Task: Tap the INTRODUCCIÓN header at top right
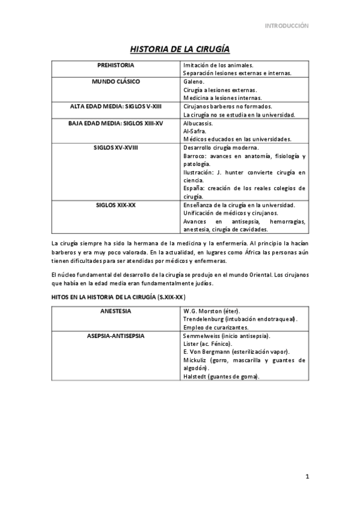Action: point(287,26)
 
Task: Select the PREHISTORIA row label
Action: point(115,64)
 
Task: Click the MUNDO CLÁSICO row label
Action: point(115,81)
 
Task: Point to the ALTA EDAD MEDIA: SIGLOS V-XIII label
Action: point(115,106)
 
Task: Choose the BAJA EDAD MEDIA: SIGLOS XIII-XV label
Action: point(115,123)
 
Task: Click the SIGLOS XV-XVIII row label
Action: point(115,147)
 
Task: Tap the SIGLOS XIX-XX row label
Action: point(115,205)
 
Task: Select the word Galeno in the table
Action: point(194,81)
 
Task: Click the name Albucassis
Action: point(199,123)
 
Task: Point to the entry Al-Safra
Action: point(194,131)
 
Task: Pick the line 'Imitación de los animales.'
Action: point(218,64)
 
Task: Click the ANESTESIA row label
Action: point(115,311)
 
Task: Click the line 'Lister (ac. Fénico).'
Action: point(207,343)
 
